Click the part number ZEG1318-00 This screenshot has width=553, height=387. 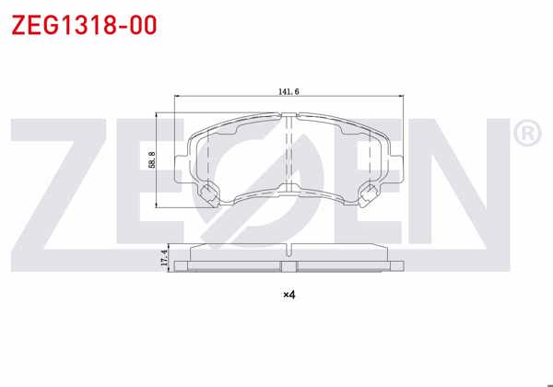click(84, 24)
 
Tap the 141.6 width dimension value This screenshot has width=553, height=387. click(289, 91)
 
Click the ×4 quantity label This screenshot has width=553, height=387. click(288, 295)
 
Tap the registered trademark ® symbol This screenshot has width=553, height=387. click(524, 135)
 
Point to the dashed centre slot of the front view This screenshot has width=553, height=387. click(288, 152)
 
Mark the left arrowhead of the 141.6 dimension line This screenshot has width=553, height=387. click(177, 98)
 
